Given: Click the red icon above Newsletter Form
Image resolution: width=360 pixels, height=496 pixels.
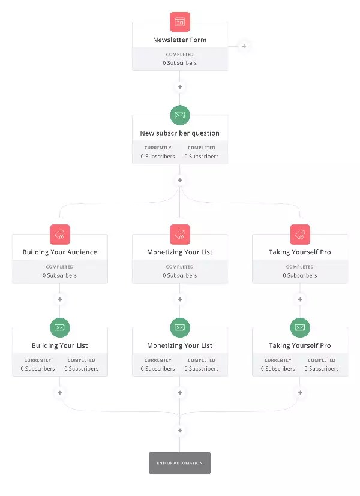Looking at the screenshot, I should click(180, 22).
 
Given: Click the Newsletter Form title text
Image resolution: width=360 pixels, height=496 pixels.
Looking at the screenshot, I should click(180, 40).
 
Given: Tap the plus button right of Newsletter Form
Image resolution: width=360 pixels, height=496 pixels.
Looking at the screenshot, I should click(244, 46).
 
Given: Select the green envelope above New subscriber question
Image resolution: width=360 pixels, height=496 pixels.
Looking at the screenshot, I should click(180, 115).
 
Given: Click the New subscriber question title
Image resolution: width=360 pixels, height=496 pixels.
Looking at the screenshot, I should click(180, 133).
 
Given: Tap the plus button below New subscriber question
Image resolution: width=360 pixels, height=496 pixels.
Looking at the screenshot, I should click(180, 181).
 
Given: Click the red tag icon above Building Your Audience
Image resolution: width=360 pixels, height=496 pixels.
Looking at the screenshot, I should click(60, 235).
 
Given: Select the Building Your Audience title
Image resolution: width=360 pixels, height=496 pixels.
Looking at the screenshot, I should click(60, 252).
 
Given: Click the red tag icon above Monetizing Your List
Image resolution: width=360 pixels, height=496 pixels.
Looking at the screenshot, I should click(180, 235).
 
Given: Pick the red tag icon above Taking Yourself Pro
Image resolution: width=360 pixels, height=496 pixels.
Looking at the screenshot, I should click(300, 235).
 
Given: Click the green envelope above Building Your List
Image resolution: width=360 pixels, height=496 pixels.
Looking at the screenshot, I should click(60, 327).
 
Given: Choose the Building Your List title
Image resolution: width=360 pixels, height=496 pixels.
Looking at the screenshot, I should click(60, 345).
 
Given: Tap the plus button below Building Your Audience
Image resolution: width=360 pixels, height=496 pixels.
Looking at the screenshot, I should click(60, 299).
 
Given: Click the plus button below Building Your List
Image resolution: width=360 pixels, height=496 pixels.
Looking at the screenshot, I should click(60, 393).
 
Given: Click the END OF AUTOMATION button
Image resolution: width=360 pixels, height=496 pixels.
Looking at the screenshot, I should click(180, 463).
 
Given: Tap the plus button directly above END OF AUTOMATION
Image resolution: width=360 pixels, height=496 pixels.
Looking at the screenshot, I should click(180, 431).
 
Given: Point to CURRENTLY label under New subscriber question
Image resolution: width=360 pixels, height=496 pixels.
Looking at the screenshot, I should click(158, 148).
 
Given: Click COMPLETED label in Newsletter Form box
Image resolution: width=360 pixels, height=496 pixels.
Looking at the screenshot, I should click(180, 55).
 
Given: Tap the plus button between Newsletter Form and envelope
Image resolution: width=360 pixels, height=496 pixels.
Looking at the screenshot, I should click(180, 87).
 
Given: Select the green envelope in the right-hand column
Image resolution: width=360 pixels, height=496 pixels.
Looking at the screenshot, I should click(300, 327).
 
